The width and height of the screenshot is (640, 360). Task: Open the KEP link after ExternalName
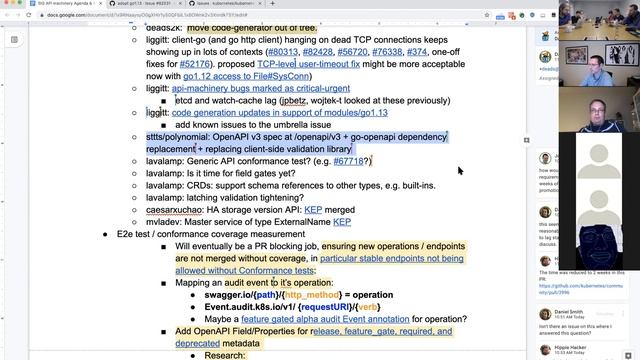342,221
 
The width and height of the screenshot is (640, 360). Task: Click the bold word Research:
224,355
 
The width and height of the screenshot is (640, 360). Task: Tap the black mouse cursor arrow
460,171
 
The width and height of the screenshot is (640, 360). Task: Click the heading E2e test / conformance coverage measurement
224,233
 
